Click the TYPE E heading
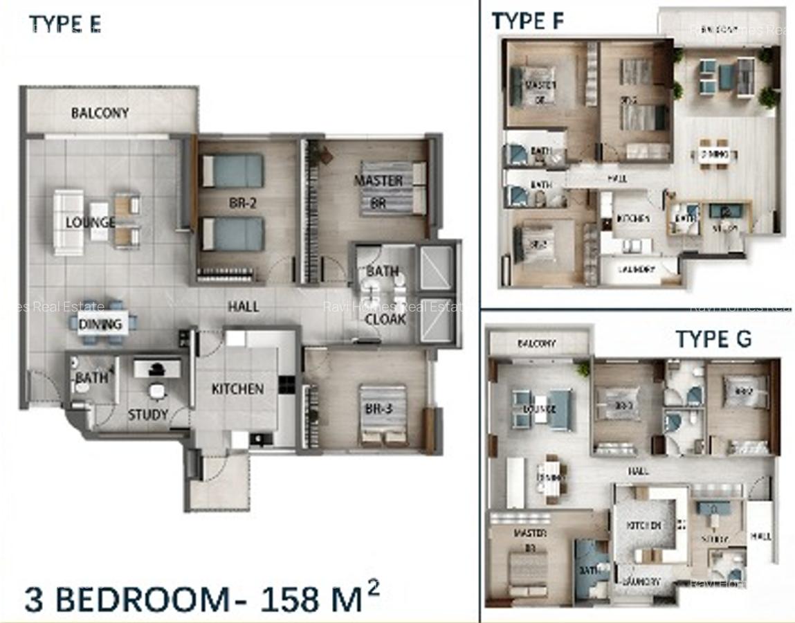pos(65,24)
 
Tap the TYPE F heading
pos(527,21)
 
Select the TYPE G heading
pos(713,339)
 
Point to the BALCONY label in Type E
pos(100,113)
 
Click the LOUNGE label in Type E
pos(90,223)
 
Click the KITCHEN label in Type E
pos(237,389)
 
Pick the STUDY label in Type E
pos(147,415)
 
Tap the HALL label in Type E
pos(244,306)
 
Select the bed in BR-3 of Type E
pos(383,415)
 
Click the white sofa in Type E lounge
pos(68,223)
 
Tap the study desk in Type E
pos(157,369)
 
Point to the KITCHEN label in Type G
pos(643,526)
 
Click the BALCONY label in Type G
pos(536,343)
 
